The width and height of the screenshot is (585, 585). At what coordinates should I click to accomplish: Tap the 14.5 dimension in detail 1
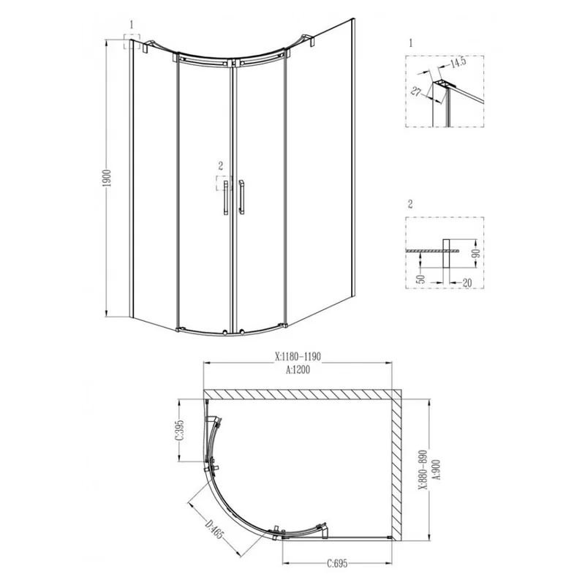click(458, 63)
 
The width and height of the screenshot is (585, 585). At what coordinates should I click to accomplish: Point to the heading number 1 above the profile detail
click(411, 43)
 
